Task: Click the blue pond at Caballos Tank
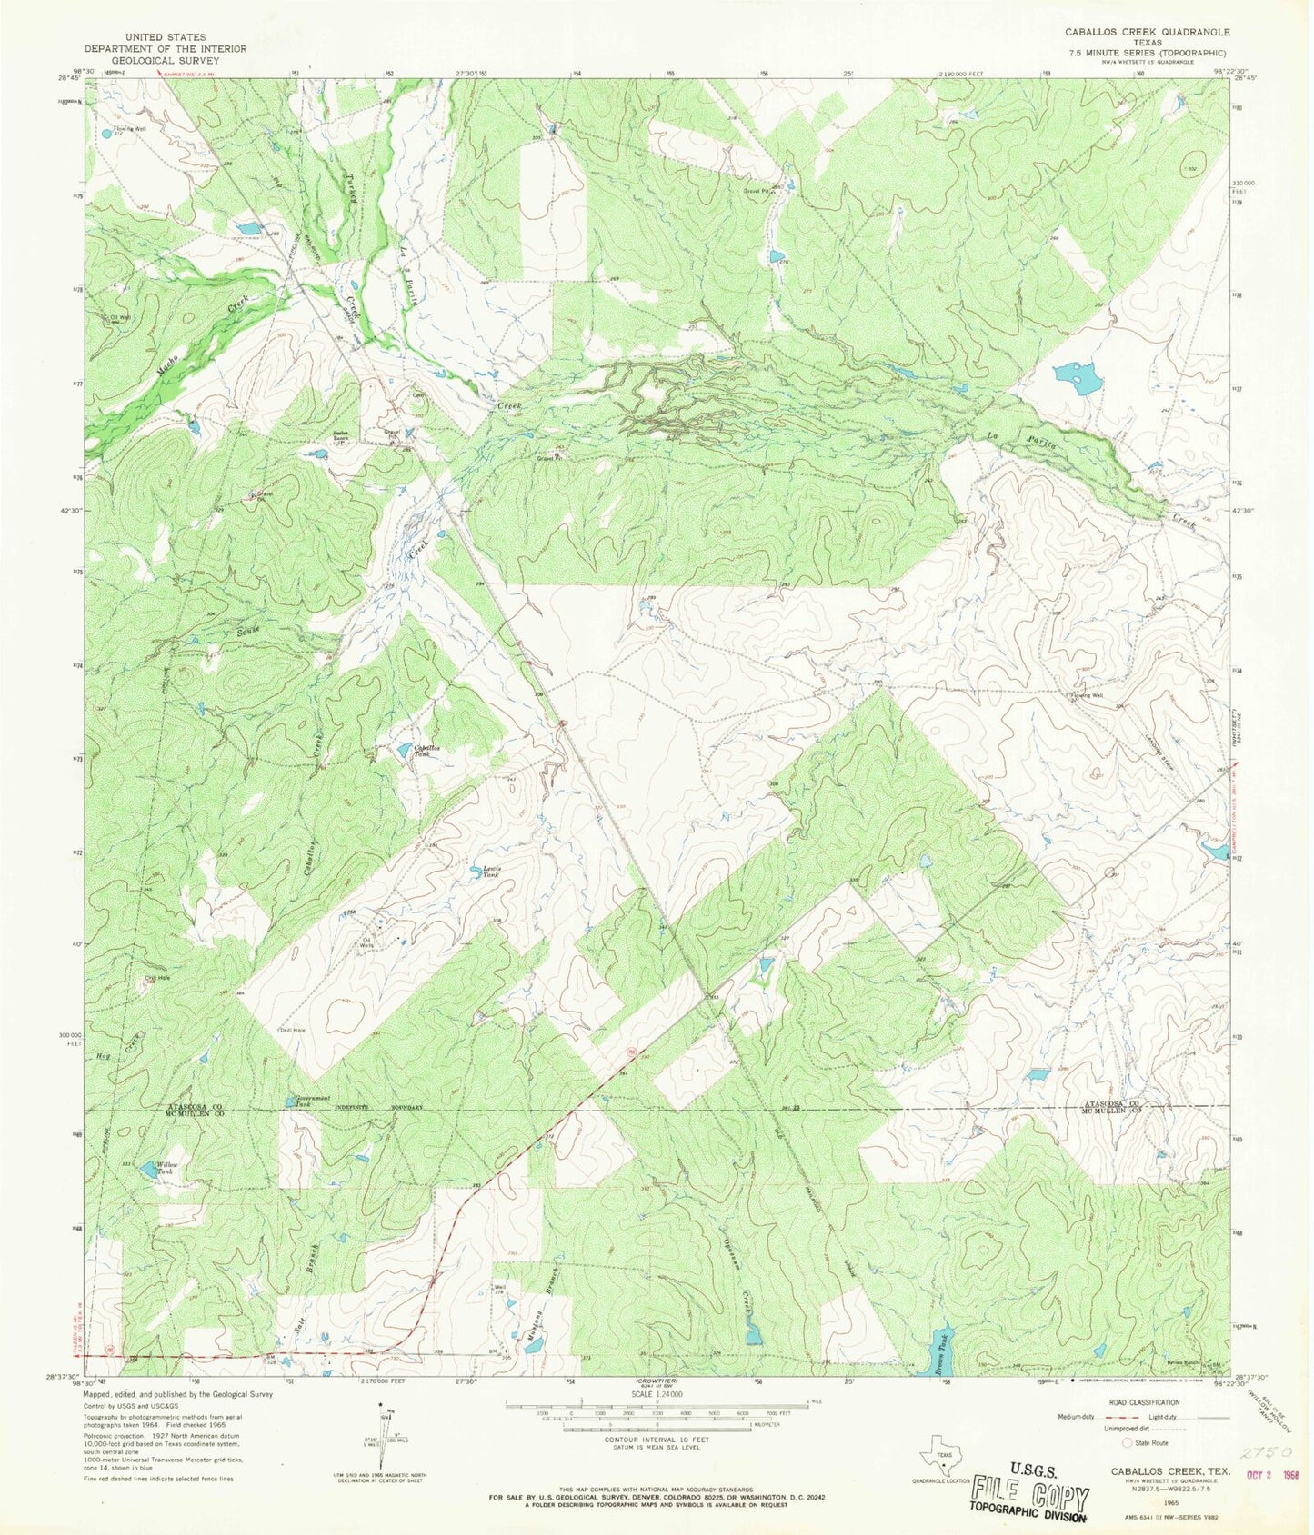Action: tap(402, 750)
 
